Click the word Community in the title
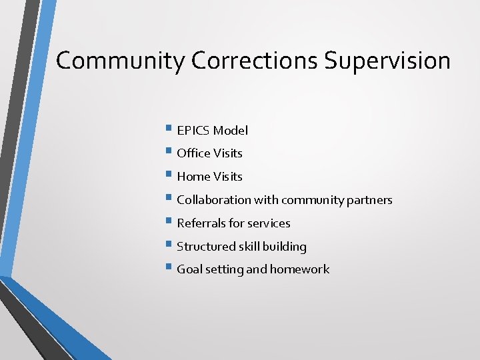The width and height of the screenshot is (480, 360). [x=120, y=61]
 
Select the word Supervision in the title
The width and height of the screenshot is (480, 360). [x=387, y=61]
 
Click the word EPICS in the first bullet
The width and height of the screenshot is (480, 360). [x=193, y=131]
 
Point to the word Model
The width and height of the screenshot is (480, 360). [x=231, y=131]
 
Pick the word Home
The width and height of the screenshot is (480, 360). [x=193, y=177]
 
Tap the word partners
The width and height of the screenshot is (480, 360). [x=368, y=200]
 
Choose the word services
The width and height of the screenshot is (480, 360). [x=269, y=223]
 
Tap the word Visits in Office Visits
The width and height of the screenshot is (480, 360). [x=228, y=153]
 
